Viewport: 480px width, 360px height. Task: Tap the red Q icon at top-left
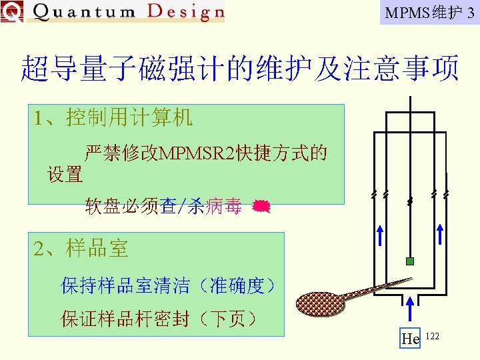click(11, 11)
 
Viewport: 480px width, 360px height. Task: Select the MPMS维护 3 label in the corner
click(429, 13)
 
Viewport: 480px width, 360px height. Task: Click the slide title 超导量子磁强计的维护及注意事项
click(240, 69)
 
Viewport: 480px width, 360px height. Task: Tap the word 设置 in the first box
click(65, 175)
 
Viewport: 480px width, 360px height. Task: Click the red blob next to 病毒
click(261, 207)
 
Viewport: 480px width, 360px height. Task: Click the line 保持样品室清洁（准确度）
click(168, 286)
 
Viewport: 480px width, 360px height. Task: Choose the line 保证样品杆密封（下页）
click(159, 319)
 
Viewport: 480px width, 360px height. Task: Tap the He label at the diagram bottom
click(411, 339)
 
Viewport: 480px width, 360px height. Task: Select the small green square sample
click(410, 261)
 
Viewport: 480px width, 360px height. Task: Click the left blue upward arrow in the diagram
click(379, 235)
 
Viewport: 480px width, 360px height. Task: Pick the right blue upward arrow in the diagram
click(440, 235)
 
